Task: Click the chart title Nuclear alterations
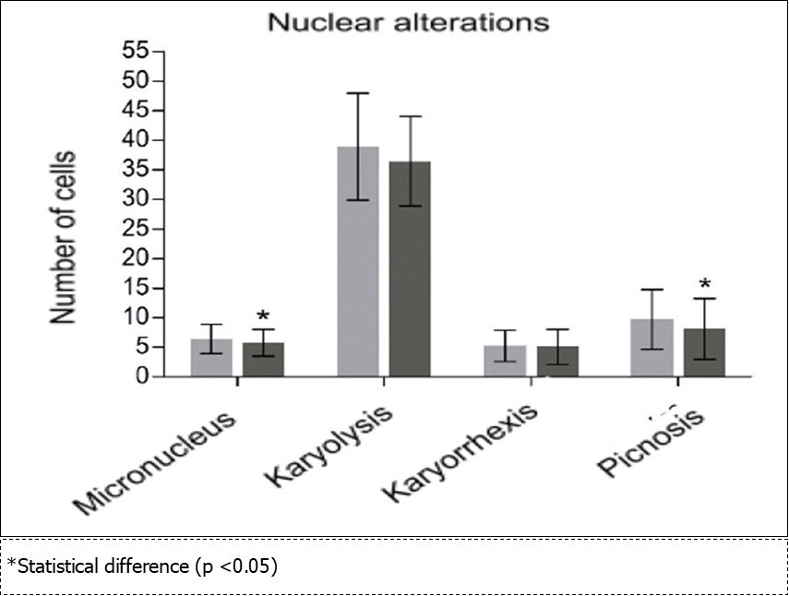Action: pos(408,22)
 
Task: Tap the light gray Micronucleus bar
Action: pos(211,358)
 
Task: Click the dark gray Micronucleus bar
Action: pos(263,360)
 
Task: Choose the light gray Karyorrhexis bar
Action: pos(505,361)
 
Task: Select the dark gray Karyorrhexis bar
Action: pos(557,362)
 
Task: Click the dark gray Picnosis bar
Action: pos(704,352)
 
